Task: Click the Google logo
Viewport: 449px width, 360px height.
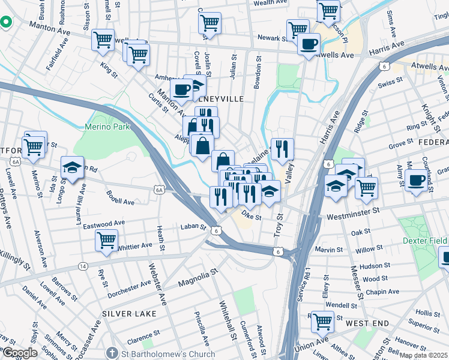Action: tap(20, 353)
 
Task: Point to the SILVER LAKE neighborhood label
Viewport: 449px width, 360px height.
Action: tap(128, 314)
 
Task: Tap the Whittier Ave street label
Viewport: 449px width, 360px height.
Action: tap(135, 246)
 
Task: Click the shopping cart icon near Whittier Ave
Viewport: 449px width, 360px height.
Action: tap(106, 240)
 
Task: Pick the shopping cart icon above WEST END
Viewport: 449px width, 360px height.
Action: tap(322, 321)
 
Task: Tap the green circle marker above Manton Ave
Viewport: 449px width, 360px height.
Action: tap(6, 22)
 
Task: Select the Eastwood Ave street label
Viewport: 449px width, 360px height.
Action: tap(103, 224)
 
